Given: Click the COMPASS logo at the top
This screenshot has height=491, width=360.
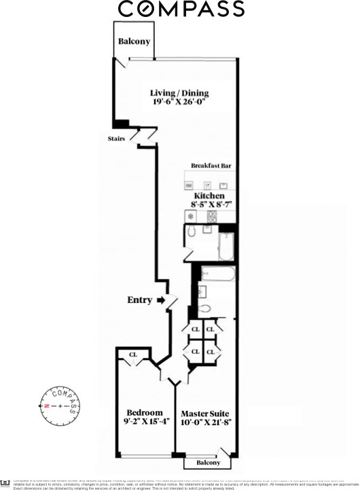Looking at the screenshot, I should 181,10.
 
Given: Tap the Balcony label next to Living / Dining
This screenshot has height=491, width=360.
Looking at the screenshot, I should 134,41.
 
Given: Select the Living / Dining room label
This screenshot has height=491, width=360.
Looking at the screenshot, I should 179,93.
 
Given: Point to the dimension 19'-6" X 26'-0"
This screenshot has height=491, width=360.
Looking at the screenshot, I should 179,103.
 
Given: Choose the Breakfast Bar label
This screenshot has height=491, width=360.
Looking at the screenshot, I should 213,166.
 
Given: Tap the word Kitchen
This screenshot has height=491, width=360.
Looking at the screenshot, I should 209,195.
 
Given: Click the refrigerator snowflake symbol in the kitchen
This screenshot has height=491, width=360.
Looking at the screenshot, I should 191,217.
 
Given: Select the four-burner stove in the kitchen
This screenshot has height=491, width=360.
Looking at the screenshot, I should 212,217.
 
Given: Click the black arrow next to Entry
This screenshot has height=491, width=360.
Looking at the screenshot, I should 161,299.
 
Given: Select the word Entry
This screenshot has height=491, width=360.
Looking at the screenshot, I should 139,299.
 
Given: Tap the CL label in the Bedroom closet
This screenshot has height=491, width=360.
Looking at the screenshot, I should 133,354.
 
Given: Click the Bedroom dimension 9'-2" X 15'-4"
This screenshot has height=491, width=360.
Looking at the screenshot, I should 145,422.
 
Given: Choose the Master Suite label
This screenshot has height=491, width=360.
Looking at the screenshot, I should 205,413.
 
